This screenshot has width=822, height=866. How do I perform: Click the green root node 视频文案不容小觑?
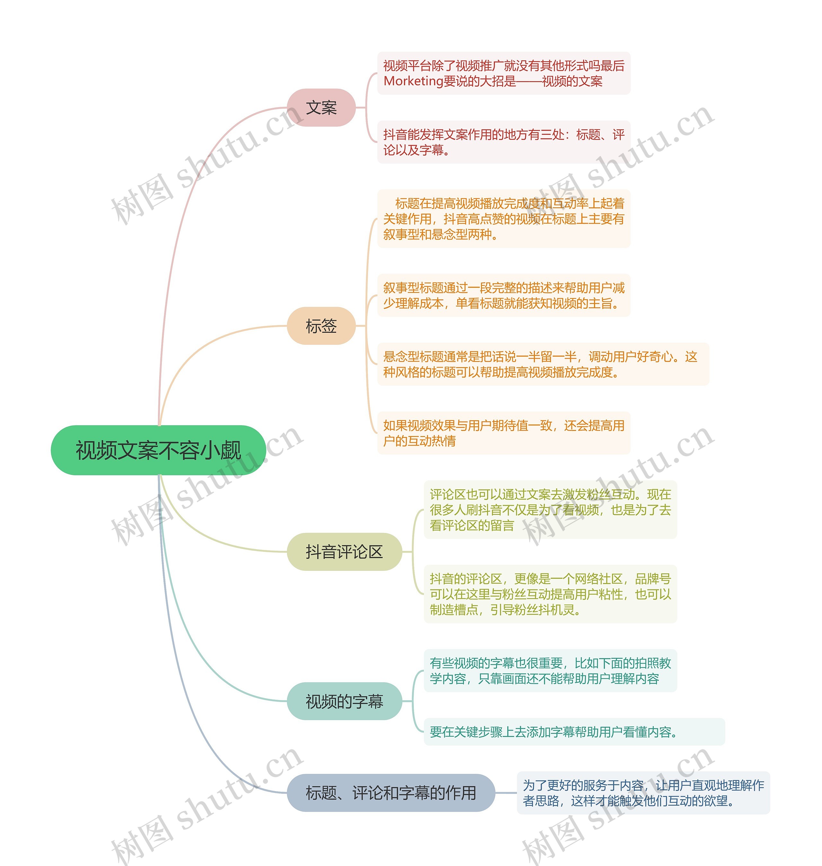coord(158,450)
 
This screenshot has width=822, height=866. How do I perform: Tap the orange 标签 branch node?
coord(321,326)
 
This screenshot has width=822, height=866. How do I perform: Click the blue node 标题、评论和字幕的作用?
coord(390,793)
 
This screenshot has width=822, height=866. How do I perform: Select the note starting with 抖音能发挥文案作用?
coord(503,142)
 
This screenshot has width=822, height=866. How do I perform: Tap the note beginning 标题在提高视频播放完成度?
coord(503,219)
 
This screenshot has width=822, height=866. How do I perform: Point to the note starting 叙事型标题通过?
coord(503,296)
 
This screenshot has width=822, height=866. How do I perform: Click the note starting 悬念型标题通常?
coord(543,364)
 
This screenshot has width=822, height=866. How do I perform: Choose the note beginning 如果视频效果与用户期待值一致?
coord(503,433)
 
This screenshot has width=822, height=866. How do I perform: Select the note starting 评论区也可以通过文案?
coord(550,510)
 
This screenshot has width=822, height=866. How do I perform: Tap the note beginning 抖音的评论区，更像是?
coord(550,594)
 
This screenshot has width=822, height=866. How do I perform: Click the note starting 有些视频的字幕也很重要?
coord(550,671)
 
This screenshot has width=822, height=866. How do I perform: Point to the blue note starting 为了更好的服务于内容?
coord(643,793)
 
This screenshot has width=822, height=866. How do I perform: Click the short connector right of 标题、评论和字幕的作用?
coord(506,793)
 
